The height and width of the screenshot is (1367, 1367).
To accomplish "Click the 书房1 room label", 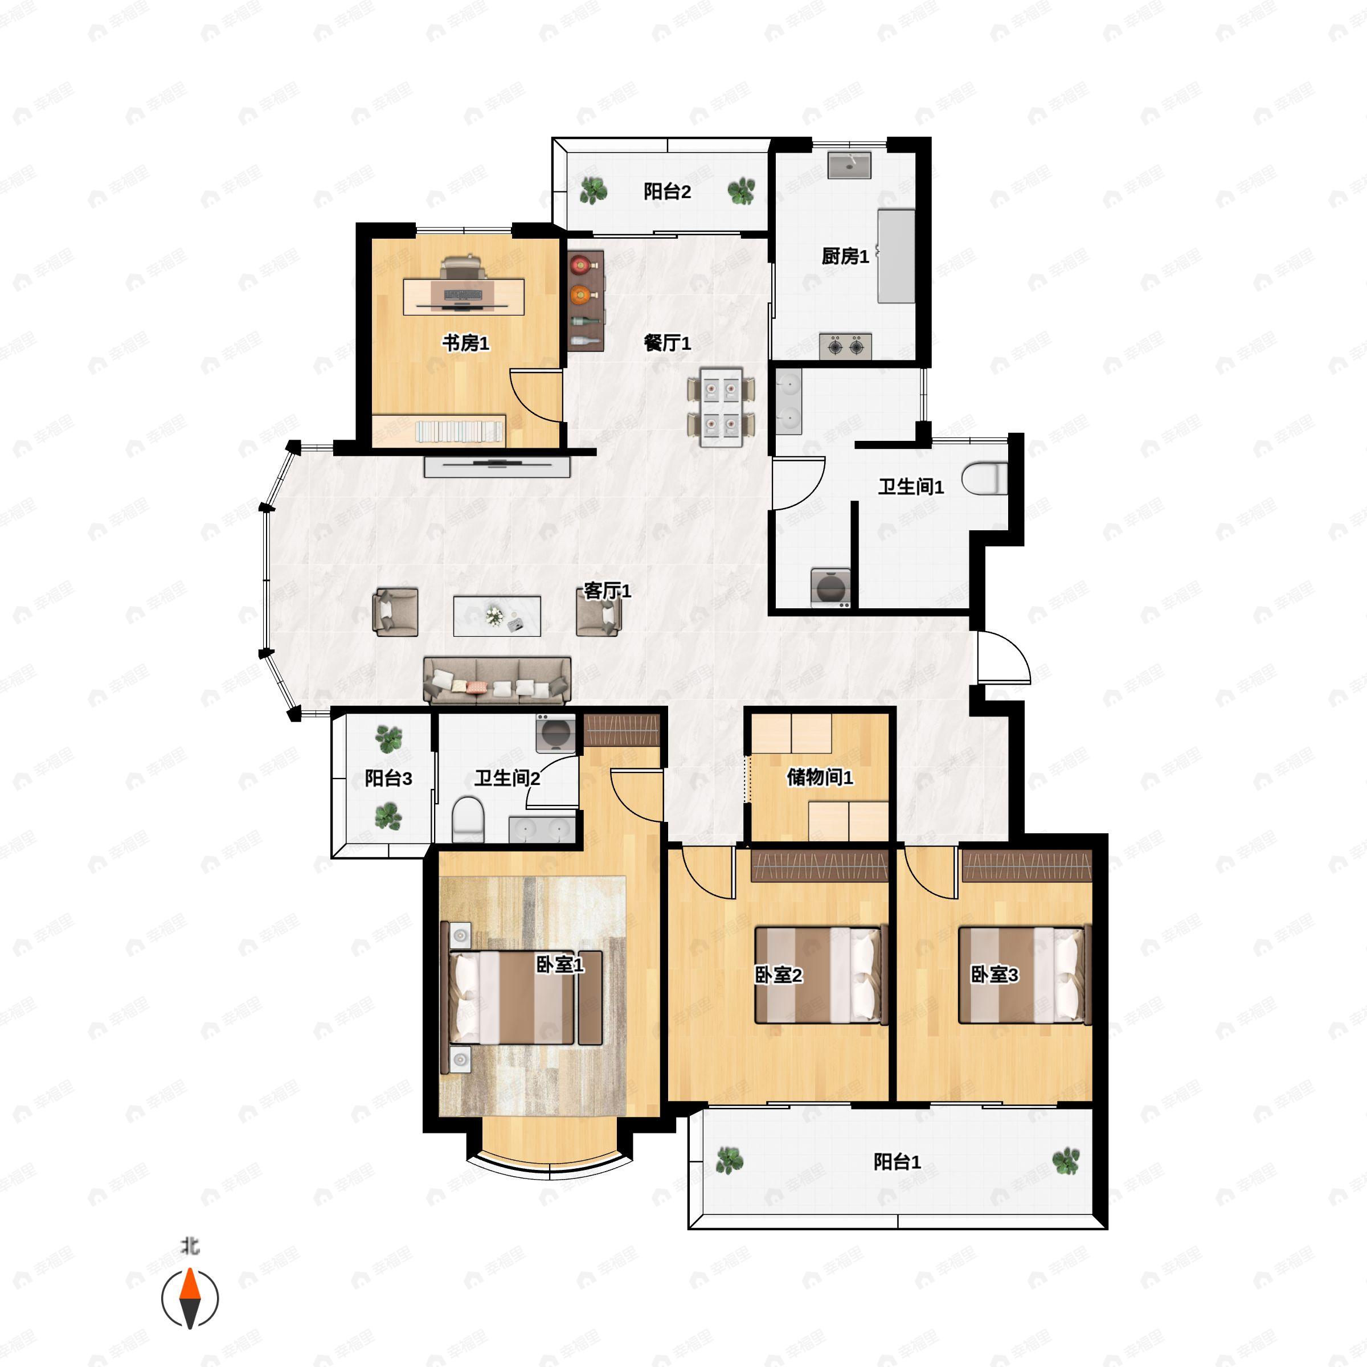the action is (x=465, y=343).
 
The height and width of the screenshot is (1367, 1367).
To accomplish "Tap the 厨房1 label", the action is (x=845, y=256).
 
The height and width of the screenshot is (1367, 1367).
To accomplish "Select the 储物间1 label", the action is (x=820, y=777).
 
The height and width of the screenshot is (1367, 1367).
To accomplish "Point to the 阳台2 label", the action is (x=666, y=191).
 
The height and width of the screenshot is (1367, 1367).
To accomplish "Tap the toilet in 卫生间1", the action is (x=984, y=478).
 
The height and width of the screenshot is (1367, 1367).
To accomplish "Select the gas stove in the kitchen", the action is (x=845, y=346).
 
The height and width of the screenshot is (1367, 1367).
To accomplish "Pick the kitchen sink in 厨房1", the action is (x=849, y=165).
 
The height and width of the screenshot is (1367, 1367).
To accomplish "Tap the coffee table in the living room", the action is (x=497, y=616).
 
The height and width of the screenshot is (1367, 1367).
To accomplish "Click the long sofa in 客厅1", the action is (x=497, y=680).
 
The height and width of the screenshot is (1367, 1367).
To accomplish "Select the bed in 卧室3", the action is (x=1024, y=975).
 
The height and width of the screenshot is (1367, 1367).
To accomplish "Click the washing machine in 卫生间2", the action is (x=555, y=733).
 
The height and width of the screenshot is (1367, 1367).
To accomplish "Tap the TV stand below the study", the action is (x=497, y=467).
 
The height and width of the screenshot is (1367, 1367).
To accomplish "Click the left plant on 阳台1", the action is (x=730, y=1160).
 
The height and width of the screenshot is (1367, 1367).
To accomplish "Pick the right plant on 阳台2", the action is (x=741, y=190).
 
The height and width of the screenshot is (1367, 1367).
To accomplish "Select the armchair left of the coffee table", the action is (x=395, y=612).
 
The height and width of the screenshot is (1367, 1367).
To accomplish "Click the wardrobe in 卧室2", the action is (x=820, y=865).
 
